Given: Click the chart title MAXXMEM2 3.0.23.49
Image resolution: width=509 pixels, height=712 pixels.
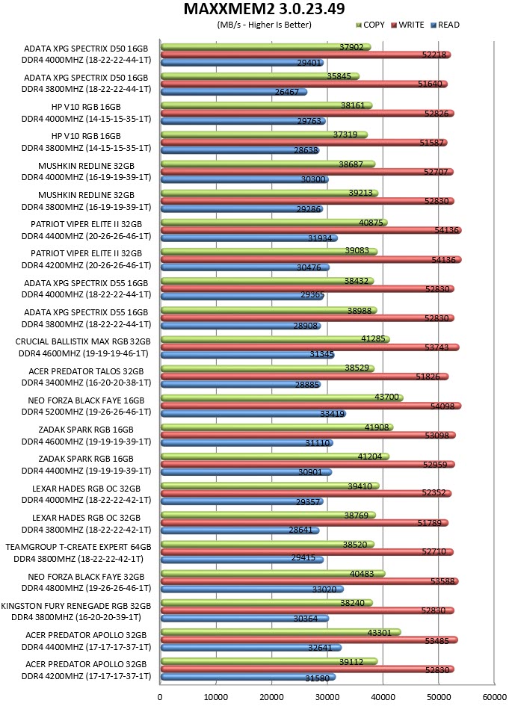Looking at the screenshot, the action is point(264,9).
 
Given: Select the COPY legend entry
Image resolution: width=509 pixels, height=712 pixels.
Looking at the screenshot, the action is point(370,25).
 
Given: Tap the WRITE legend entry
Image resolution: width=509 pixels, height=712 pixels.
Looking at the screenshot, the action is point(407,25).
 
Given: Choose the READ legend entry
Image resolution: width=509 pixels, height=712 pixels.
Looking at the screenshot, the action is point(445,25).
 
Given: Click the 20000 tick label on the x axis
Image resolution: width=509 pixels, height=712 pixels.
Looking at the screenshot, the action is point(271,697).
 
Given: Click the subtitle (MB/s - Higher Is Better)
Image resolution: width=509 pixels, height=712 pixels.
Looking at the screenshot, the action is point(265,25).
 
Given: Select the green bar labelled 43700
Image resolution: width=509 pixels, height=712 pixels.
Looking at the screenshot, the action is point(282,397).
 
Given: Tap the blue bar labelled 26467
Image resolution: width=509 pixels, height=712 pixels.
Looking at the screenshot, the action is point(234,92).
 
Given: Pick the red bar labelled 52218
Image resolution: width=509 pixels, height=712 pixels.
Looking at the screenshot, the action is point(306,55).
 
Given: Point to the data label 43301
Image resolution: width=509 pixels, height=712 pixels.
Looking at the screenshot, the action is point(379,633).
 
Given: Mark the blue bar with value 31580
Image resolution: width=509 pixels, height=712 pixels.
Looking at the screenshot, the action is point(248,677).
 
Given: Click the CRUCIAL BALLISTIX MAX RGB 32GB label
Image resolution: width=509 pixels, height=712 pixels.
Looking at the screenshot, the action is point(83,341).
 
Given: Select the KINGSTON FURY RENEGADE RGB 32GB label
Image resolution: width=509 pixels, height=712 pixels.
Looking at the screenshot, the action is point(76,606).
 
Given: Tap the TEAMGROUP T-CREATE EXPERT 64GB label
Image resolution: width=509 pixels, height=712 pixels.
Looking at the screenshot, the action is point(78,547).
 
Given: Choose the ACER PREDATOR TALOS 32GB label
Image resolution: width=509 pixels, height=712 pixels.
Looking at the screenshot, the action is point(86,371).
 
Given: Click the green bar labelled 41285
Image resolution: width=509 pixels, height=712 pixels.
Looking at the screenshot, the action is point(275,339).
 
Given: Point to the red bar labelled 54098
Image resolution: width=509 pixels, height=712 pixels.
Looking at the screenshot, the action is point(311,406).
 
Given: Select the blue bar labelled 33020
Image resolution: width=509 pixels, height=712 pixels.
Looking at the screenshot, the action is point(252,589).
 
